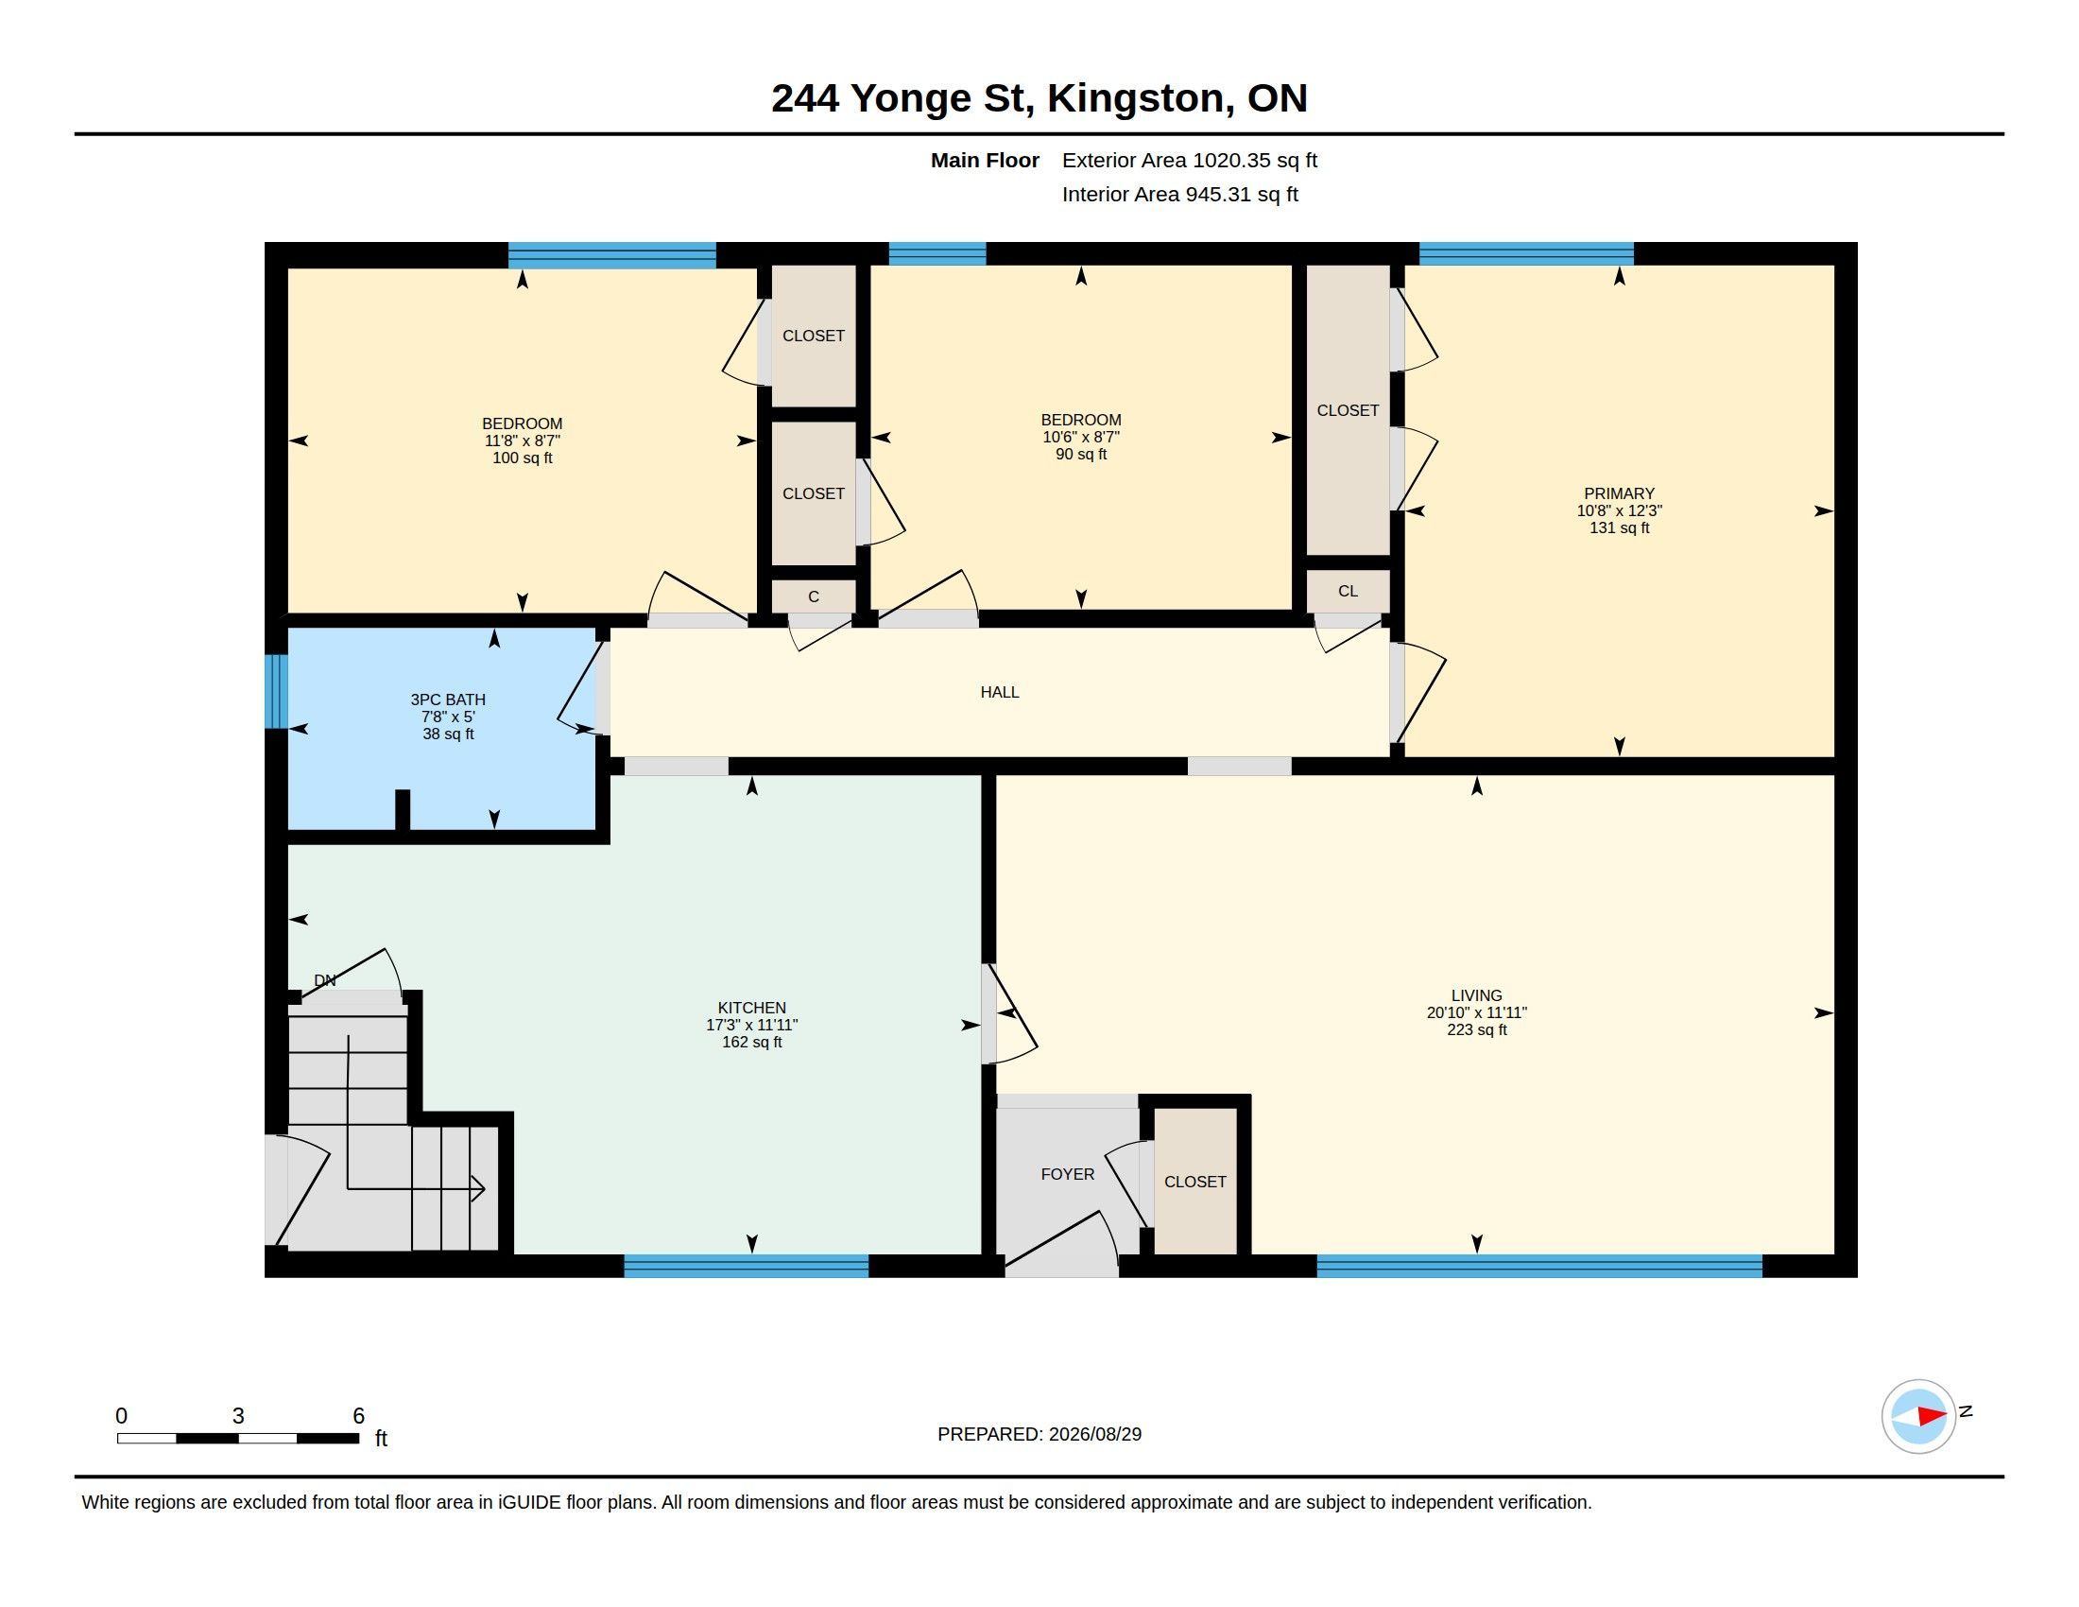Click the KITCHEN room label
[751, 1008]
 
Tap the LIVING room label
[1476, 994]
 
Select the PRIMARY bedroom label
[1618, 493]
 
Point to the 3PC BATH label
[447, 700]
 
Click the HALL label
[1000, 692]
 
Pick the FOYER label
[1067, 1174]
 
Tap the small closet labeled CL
[1347, 591]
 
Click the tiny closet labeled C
[813, 596]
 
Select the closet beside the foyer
[1195, 1182]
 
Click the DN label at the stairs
[324, 980]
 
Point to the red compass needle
[1932, 1417]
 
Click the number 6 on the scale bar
[359, 1416]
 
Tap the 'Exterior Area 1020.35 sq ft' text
[1189, 160]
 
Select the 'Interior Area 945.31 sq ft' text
[1179, 194]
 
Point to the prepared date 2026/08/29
[1094, 1434]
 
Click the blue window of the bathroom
[276, 691]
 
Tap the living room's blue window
[1539, 1266]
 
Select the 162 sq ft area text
[751, 1043]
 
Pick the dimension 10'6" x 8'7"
[1080, 437]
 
